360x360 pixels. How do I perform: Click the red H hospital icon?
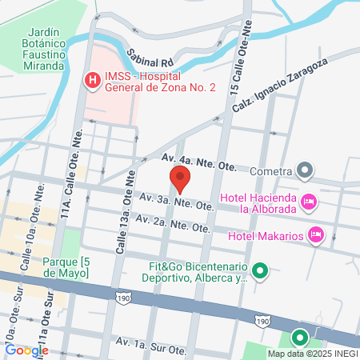pos(92,80)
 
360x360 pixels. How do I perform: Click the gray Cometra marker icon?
pos(305,170)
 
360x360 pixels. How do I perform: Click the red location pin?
pos(180,178)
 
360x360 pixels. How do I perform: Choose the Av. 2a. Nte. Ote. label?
pos(173,223)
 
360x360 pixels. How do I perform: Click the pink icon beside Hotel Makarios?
pos(316,234)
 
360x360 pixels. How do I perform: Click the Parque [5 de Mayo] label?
pos(55,267)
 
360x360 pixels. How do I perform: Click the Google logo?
pos(26,350)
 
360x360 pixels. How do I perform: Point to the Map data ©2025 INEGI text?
pos(313,354)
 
